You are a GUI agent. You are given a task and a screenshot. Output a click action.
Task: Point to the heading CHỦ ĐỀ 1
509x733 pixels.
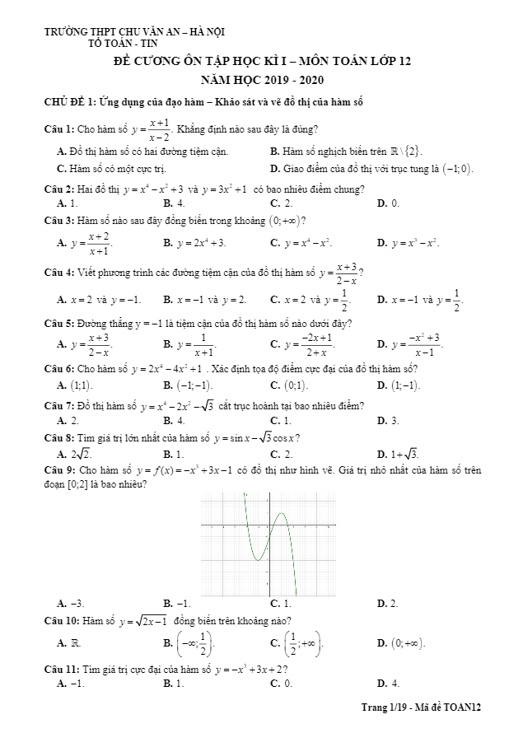point(69,102)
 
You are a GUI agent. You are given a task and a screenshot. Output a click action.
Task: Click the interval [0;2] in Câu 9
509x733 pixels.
point(73,484)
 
